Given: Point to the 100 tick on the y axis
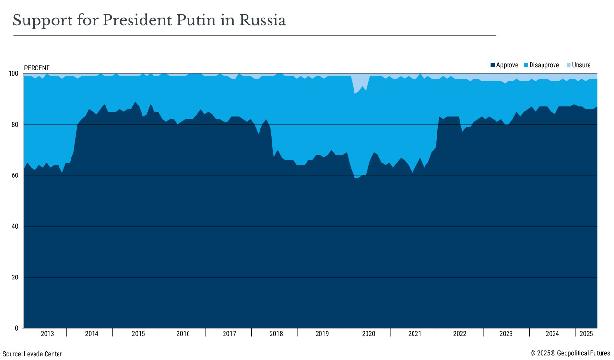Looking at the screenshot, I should (14, 73).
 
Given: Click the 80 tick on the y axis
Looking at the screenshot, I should (16, 125).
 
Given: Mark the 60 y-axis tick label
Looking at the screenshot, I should (16, 175).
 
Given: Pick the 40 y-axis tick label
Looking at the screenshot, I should (16, 226).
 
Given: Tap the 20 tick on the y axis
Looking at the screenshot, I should (16, 278).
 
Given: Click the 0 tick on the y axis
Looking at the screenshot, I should (17, 328).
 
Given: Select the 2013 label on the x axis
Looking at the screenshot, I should (47, 334).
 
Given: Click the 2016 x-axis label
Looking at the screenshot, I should (183, 334).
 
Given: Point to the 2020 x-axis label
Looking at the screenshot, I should (368, 334).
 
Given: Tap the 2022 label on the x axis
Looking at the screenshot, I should (460, 334).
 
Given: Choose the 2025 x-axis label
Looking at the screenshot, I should (587, 334).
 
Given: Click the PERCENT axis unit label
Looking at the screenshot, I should (37, 68).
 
